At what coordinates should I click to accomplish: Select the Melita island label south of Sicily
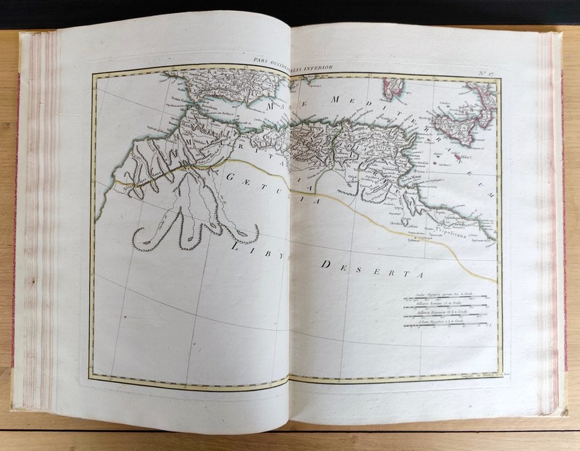[464, 156]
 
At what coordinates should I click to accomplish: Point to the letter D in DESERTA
[322, 265]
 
